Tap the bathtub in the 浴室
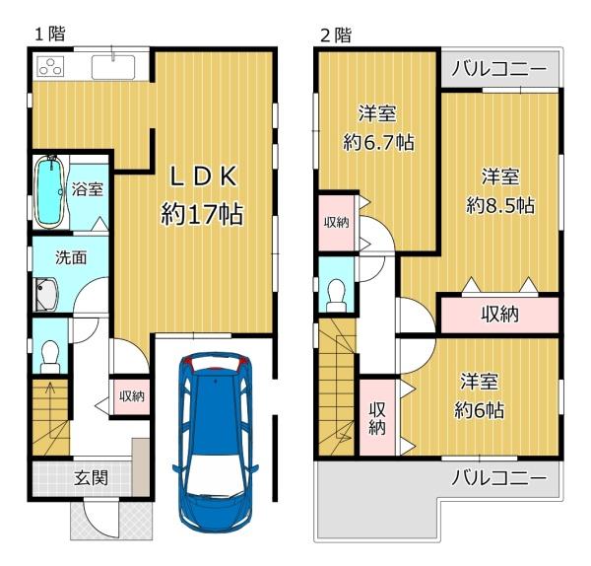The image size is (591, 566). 48,191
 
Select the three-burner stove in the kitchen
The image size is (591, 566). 50,66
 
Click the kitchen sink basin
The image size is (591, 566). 113,67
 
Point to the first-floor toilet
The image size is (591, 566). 50,357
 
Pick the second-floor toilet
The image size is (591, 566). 336,296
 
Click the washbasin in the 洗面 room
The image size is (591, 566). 46,295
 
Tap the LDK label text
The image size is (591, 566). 204,177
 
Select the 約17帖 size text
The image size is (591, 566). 202,214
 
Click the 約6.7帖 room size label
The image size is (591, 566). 378,142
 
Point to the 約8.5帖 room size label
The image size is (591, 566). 500,206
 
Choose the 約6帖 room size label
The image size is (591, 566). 479,410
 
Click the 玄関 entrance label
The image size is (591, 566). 91,477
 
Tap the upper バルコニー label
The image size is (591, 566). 498,69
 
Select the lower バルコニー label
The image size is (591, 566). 498,478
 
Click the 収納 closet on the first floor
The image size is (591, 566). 132,396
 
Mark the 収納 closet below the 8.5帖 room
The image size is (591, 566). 499,315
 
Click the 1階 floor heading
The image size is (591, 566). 50,34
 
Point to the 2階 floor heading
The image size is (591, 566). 336,35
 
